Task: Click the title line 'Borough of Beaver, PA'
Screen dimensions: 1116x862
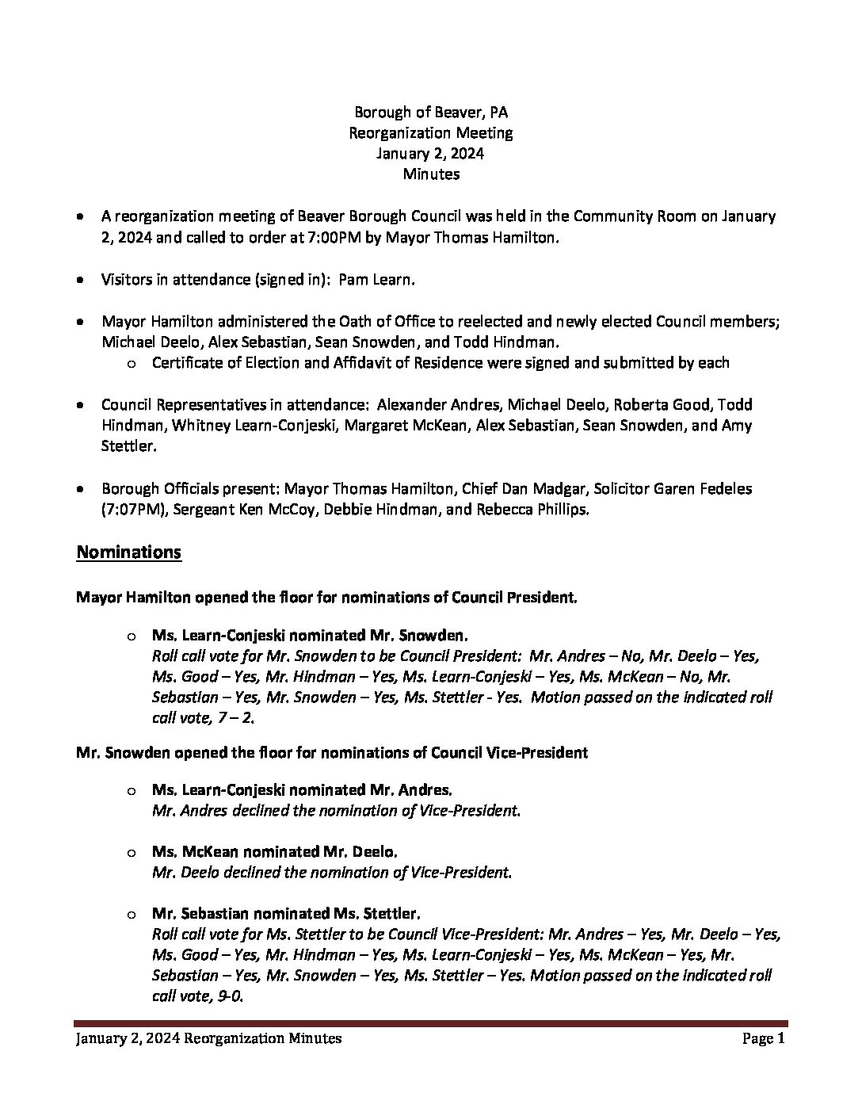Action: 431,113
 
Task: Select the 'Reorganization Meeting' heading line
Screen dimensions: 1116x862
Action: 431,133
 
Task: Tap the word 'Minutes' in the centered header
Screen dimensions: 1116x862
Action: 431,174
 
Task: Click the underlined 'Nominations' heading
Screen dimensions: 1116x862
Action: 128,552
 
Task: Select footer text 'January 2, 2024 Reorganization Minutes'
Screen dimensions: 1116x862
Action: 209,1038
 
